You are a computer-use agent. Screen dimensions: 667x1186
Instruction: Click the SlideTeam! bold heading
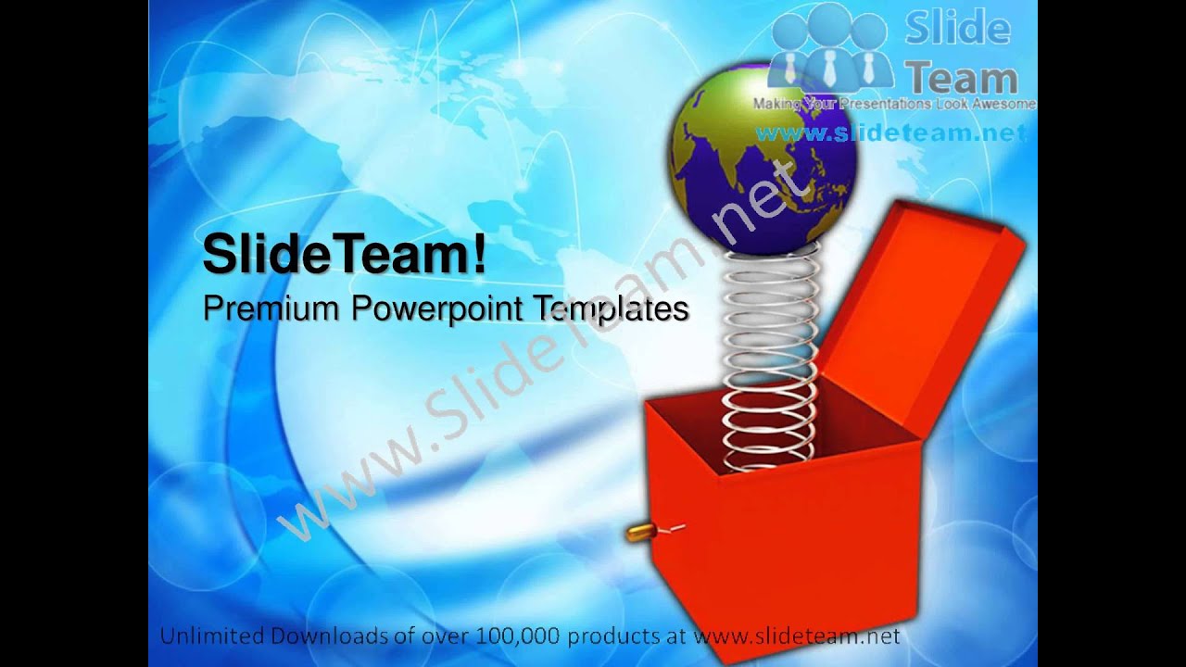344,254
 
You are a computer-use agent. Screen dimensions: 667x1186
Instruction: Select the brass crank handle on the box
639,532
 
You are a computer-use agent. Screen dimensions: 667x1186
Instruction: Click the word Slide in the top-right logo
956,29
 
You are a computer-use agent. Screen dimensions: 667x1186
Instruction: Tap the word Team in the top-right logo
961,78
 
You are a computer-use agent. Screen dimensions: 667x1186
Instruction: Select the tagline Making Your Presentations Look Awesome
893,105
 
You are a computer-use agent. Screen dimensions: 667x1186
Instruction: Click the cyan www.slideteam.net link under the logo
891,133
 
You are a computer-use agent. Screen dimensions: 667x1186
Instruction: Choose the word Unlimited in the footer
210,636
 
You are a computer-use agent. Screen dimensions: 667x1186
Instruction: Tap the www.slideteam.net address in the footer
796,636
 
